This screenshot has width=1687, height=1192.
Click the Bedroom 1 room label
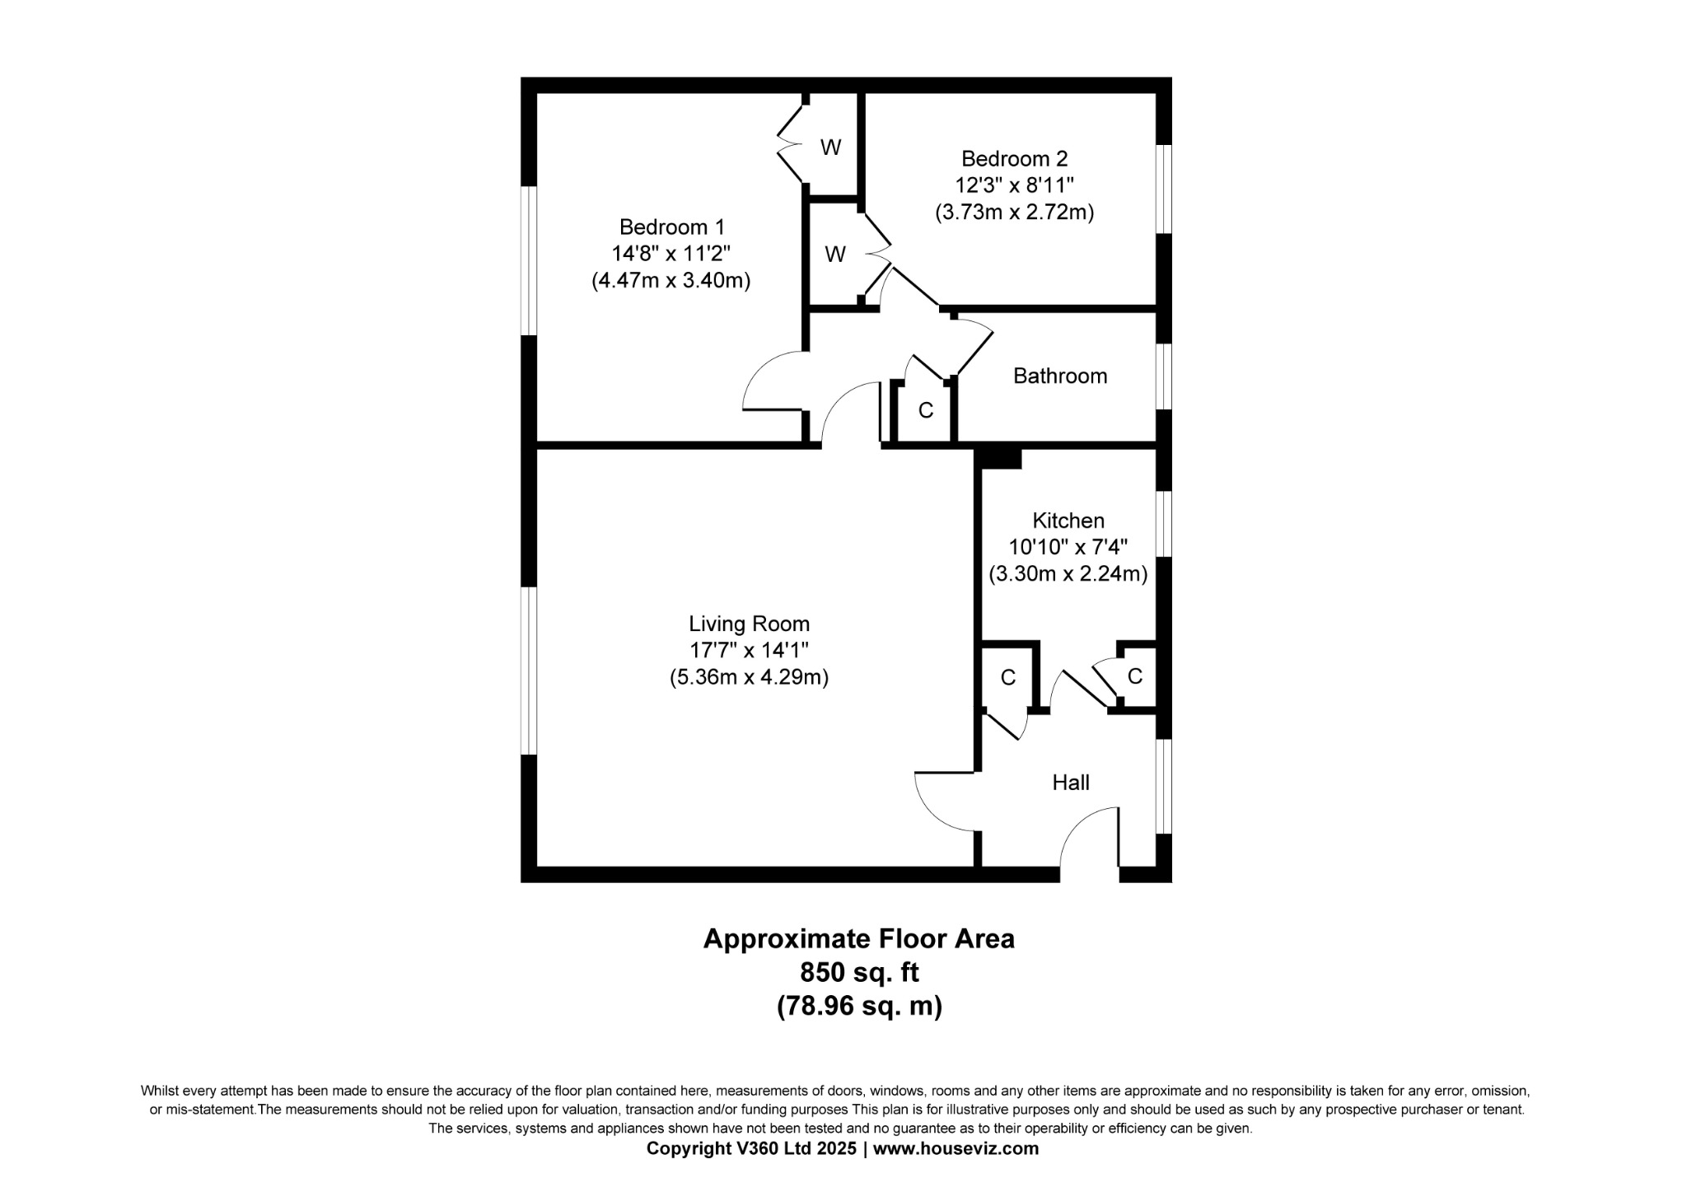coord(672,227)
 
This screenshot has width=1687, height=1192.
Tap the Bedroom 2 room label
coord(1014,158)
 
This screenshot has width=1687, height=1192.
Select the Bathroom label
coord(1060,376)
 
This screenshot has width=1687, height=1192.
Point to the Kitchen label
coord(1068,521)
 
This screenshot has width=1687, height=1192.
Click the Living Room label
coord(749,624)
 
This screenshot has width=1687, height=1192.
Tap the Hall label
coord(1071,783)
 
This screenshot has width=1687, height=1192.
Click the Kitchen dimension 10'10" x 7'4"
coord(1068,547)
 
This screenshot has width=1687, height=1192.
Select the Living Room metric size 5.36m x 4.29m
coord(749,677)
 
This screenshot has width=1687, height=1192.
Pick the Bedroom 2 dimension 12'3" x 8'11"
coord(1014,185)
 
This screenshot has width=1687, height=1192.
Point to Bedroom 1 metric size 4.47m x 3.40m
coord(671,280)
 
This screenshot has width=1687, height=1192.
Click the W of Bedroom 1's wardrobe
coord(831,147)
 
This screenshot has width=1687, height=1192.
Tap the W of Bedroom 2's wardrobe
coord(835,255)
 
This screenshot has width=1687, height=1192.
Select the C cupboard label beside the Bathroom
coord(926,410)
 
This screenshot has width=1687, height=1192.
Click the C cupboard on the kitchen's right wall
coord(1135,676)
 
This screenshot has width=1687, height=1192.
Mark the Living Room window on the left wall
coord(529,671)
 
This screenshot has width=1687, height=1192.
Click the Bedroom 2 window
coord(1164,189)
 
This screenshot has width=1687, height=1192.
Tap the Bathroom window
coord(1164,376)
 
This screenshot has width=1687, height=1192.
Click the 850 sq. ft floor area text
coord(859,973)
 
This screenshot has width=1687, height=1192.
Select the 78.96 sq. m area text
coord(859,1007)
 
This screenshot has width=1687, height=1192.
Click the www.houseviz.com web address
coord(956,1148)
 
